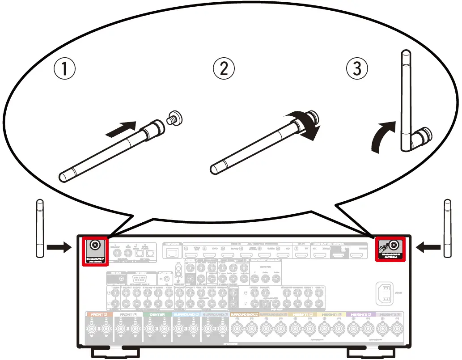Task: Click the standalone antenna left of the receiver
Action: [39, 229]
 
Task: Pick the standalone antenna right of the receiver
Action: [447, 229]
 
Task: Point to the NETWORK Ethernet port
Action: [172, 253]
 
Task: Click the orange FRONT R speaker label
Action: [99, 314]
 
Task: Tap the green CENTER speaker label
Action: [157, 314]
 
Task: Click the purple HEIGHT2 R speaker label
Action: [360, 314]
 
